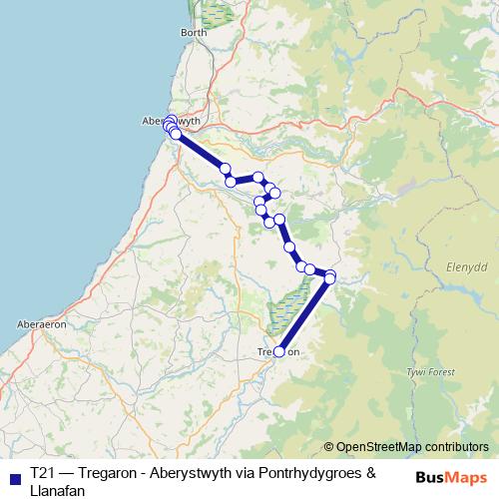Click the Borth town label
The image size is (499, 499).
[x=194, y=33]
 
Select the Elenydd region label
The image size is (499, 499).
[x=449, y=268]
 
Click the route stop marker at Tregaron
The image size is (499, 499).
[x=279, y=351]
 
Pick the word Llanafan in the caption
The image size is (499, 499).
[x=58, y=489]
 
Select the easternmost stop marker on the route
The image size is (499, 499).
[x=331, y=275]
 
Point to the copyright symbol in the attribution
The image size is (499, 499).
[x=329, y=447]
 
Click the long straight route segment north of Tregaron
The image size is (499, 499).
[x=304, y=314]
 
